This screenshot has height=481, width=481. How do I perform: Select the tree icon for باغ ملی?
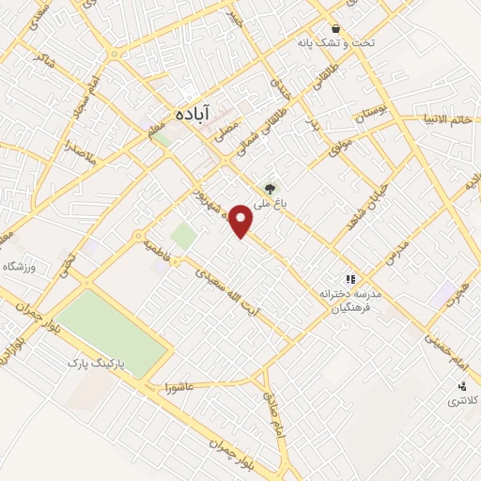pyautogui.click(x=271, y=188)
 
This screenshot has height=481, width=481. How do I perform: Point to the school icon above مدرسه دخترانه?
pyautogui.click(x=350, y=279)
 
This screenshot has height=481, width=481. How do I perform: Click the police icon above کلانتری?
pyautogui.click(x=462, y=385)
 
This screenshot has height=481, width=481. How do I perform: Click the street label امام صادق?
pyautogui.click(x=271, y=407)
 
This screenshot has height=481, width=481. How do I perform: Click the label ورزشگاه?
pyautogui.click(x=19, y=268)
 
